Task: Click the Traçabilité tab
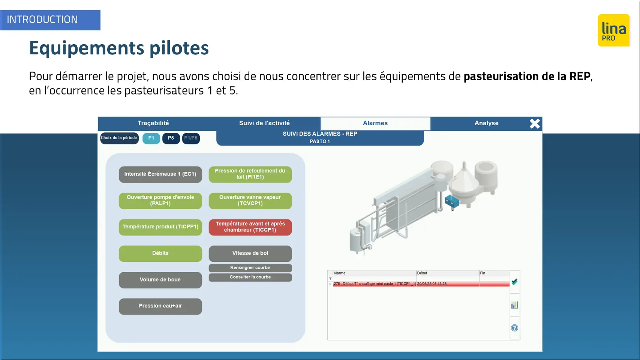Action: pos(153,123)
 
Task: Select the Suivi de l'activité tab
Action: pos(264,123)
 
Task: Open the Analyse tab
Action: pos(486,123)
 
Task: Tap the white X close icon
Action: pos(535,124)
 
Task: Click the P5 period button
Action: pos(171,138)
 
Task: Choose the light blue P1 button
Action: pos(151,138)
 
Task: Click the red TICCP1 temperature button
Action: pos(250,227)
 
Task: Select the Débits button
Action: pos(160,253)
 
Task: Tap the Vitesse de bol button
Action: pos(250,253)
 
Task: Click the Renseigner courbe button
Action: pos(250,268)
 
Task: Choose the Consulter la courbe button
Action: pos(250,277)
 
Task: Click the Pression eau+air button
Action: pos(160,306)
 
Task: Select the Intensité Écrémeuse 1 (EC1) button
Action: pos(160,174)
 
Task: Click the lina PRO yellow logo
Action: pos(614,30)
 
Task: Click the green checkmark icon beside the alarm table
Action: pos(514,282)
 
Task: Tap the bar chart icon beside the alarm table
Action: pos(514,305)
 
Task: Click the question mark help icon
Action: pos(514,328)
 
